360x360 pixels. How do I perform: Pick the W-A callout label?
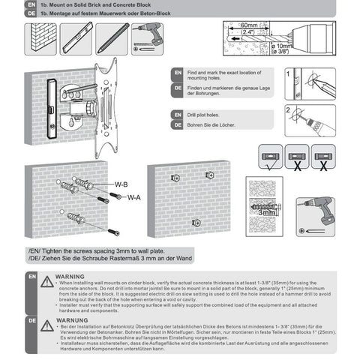point(134,197)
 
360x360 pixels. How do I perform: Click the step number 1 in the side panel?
point(289,74)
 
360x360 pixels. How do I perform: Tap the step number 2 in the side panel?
point(289,109)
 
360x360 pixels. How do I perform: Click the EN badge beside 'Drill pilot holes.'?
point(178,114)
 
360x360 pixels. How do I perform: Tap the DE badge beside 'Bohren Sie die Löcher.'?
point(178,124)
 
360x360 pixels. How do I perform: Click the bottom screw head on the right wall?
point(196,222)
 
